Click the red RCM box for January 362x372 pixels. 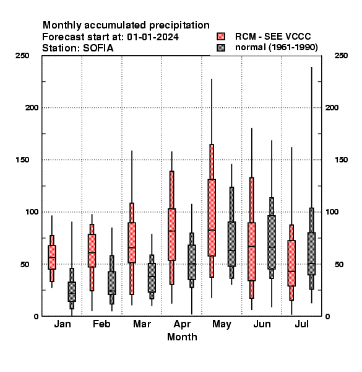pos(52,257)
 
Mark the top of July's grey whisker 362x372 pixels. pos(312,67)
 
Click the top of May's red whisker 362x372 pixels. pos(212,79)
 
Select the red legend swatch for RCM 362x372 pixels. pos(221,37)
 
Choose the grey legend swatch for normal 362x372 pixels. pos(221,48)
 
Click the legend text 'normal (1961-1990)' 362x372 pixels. pos(276,48)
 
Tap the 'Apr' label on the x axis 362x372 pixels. pos(182,324)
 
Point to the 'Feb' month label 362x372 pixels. pos(101,324)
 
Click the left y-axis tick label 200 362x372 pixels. pos(32,107)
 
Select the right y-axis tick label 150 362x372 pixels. pos(341,160)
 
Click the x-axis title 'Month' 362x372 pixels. pos(182,337)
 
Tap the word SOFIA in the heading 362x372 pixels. pos(98,48)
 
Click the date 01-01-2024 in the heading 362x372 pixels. pos(153,37)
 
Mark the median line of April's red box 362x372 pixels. pos(171,231)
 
